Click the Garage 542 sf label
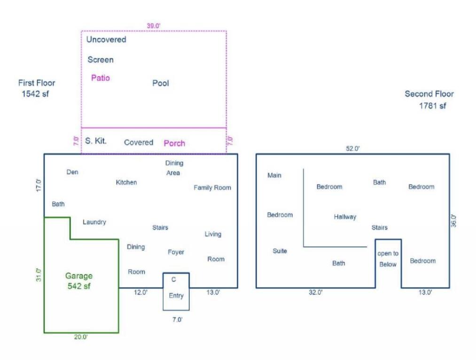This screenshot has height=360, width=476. (x=78, y=281)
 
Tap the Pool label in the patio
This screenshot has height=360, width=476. (x=161, y=83)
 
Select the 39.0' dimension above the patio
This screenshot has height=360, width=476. (x=153, y=26)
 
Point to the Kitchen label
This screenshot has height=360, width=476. (x=126, y=182)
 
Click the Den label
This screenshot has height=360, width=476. (x=72, y=172)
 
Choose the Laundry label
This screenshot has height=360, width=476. (x=94, y=222)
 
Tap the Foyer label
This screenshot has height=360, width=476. (x=176, y=252)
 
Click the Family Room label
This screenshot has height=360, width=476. (x=212, y=188)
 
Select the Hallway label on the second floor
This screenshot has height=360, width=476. (x=345, y=217)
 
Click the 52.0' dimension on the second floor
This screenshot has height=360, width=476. (x=352, y=149)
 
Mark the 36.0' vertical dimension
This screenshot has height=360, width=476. (x=453, y=221)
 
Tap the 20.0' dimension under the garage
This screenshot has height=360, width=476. (x=81, y=337)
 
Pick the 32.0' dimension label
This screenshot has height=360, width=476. (x=316, y=292)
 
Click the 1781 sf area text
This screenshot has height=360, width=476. (x=433, y=106)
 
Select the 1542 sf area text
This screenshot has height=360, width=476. (x=35, y=94)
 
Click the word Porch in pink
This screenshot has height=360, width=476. (x=174, y=143)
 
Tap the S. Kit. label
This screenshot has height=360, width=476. (x=96, y=141)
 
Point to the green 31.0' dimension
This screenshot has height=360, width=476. (x=39, y=275)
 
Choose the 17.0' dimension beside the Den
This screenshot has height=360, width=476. (x=39, y=185)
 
